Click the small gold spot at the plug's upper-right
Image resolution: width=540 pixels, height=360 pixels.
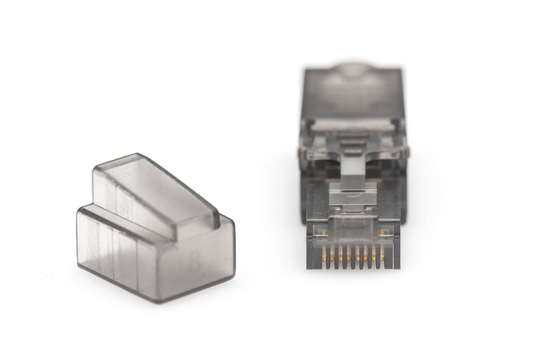click(x=383, y=232)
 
